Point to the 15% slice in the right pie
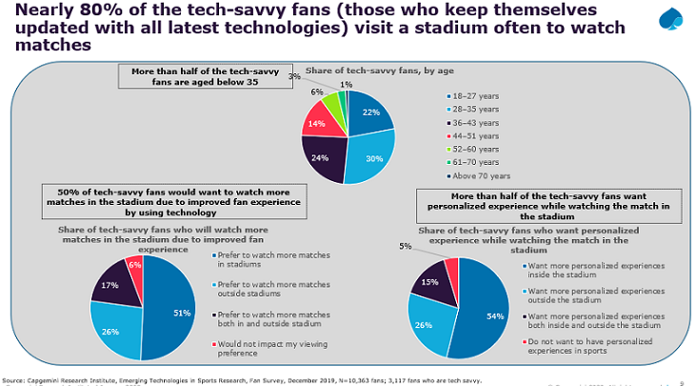430,282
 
